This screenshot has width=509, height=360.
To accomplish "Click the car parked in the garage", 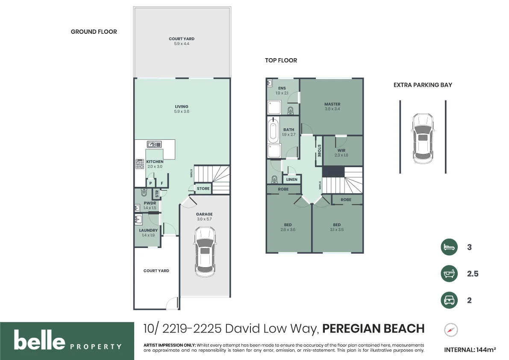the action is point(205,252).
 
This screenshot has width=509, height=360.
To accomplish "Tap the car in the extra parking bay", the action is point(423,139).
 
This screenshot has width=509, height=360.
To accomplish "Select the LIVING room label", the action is point(182,106).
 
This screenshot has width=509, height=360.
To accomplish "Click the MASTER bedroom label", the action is point(332,104).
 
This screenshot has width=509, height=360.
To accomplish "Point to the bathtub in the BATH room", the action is point(274,130).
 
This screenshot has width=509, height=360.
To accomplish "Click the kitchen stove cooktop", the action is point(140,164).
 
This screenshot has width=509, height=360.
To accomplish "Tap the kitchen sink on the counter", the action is point(154,145).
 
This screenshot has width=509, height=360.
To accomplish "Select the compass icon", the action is point(451,330).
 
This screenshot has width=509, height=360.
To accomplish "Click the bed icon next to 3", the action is point(449,247).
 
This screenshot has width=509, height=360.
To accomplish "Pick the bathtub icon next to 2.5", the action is point(449,274).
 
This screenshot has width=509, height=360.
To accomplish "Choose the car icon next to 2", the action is point(449,300).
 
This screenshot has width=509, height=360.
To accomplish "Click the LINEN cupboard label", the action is point(291,180).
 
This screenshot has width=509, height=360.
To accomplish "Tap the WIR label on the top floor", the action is point(341,150).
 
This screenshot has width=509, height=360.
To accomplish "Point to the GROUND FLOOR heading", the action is point(94,32).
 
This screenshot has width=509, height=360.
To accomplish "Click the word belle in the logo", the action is point(39,340).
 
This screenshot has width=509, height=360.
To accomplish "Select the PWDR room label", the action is point(150,203).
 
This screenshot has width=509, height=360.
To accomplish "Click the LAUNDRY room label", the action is point(148,230).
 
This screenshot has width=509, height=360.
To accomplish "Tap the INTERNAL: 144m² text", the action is point(470,350).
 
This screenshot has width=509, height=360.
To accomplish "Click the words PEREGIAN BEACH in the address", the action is point(374,328).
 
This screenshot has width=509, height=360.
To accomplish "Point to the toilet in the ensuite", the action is point(291,111).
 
